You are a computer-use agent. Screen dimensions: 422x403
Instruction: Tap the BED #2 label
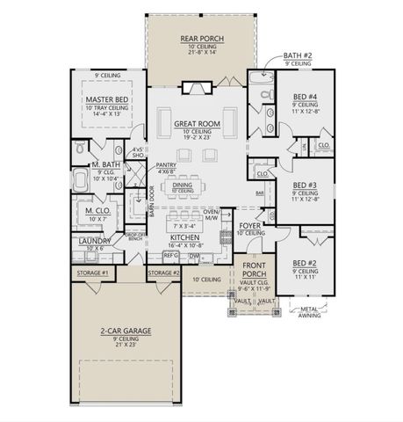306,262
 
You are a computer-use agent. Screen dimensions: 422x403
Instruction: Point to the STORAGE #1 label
91,273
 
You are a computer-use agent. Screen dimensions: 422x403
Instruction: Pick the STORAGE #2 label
163,273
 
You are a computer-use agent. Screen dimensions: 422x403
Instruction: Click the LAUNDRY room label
94,240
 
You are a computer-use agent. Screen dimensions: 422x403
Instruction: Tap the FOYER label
250,225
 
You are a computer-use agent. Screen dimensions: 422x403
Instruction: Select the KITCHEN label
187,237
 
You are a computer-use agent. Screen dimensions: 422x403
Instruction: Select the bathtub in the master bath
82,182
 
